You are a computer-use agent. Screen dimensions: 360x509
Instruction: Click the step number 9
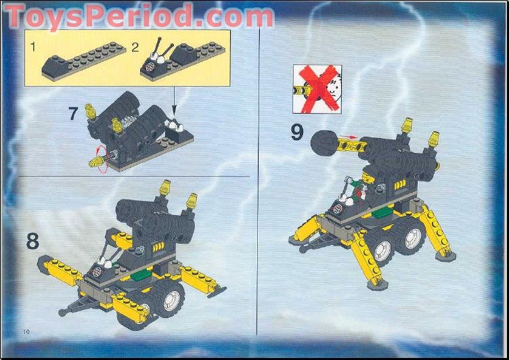(x=296, y=131)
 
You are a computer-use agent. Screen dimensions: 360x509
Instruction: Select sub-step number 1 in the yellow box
(x=32, y=47)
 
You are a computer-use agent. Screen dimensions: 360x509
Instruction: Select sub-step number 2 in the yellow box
(x=135, y=47)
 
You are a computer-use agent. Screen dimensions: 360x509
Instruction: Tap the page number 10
(x=26, y=330)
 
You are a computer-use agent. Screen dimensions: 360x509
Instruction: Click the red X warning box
(x=317, y=89)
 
